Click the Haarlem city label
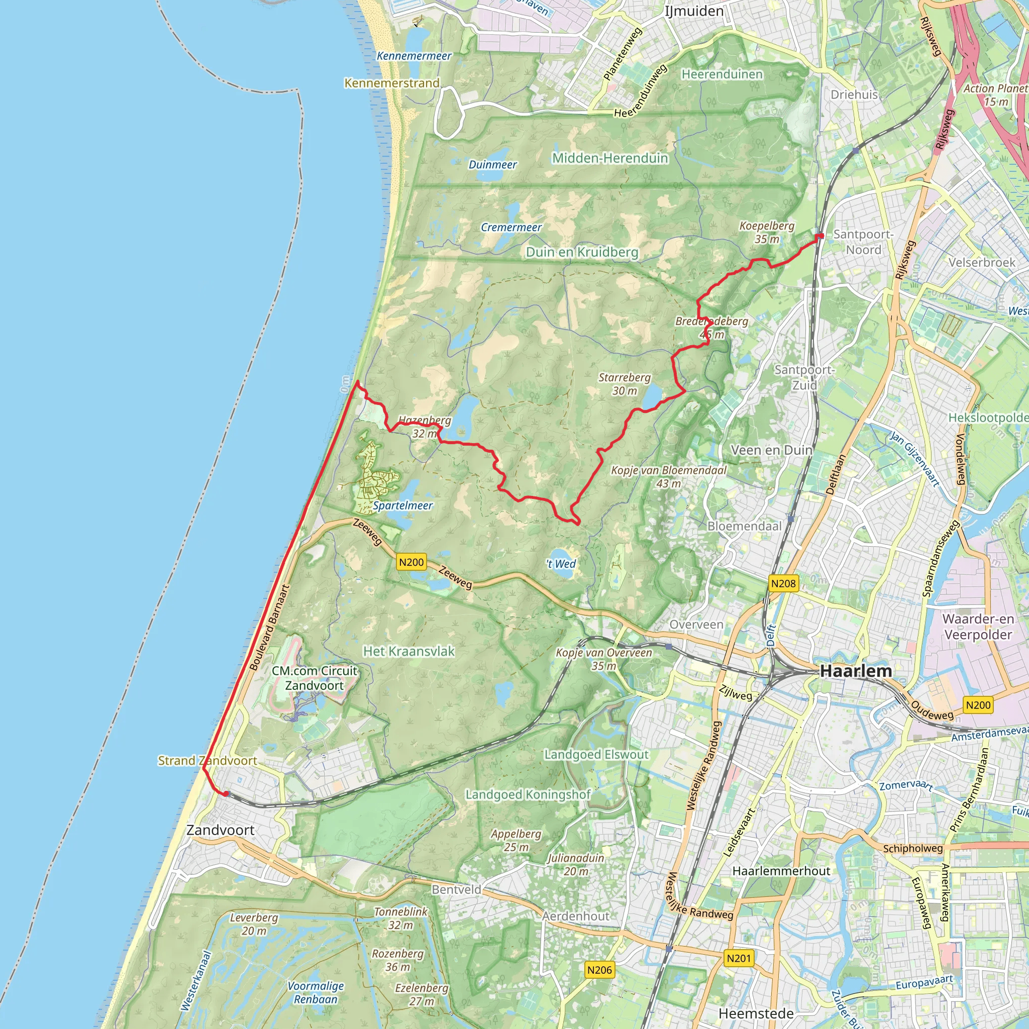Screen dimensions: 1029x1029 pos(856,671)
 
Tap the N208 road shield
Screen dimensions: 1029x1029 pos(783,584)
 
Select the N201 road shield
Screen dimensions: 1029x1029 pos(739,959)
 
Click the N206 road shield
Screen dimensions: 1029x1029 pos(599,970)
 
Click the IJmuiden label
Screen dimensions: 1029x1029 pos(694,11)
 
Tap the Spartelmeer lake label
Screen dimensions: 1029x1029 pos(402,505)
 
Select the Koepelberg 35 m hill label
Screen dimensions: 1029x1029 pos(766,232)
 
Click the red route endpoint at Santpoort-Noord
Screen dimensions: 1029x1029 pos(820,236)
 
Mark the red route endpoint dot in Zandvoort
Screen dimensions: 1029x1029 pos(226,793)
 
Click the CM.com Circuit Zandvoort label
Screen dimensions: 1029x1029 pos(314,678)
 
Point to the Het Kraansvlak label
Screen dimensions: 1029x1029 pos(408,651)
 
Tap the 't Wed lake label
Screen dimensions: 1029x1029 pos(561,564)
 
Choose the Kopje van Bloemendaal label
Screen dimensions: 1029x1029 pos(668,477)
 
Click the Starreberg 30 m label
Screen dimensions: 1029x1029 pos(624,384)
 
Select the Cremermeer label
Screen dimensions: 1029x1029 pos(511,228)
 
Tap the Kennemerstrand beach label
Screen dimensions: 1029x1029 pos(392,83)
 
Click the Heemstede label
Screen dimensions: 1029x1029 pos(756,1013)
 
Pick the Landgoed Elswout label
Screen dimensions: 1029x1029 pos(596,754)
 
